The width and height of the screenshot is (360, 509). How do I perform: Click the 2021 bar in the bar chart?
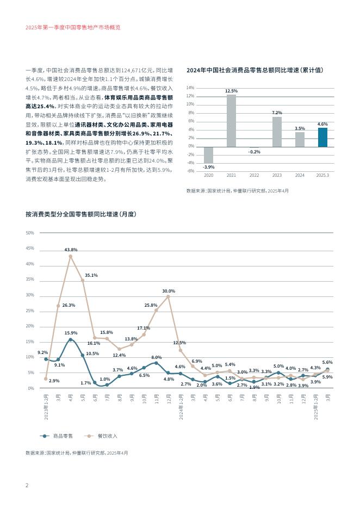coord(231,121)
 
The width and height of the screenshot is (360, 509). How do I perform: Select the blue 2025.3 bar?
coord(322,137)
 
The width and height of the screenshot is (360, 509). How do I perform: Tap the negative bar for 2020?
coord(208,154)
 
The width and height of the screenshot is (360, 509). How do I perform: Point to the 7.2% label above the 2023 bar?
coord(277,113)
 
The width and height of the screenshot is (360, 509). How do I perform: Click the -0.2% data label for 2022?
coord(254,152)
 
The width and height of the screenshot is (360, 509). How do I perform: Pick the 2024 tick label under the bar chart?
coord(300,176)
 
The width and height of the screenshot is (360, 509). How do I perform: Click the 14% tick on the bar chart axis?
coord(190,88)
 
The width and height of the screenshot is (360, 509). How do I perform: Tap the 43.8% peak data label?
coord(71,250)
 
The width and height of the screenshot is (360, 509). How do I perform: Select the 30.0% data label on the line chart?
coord(169,291)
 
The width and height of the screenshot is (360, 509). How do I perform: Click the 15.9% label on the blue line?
coord(71,333)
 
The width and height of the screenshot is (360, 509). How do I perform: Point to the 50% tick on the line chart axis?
coord(30,233)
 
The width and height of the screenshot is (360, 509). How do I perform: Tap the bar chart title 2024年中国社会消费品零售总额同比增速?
coord(255,70)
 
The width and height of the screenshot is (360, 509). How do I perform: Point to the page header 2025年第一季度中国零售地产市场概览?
coord(73,27)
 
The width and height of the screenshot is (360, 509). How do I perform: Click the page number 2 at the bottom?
coord(27,485)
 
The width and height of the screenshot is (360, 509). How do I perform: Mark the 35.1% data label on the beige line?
coord(91,275)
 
